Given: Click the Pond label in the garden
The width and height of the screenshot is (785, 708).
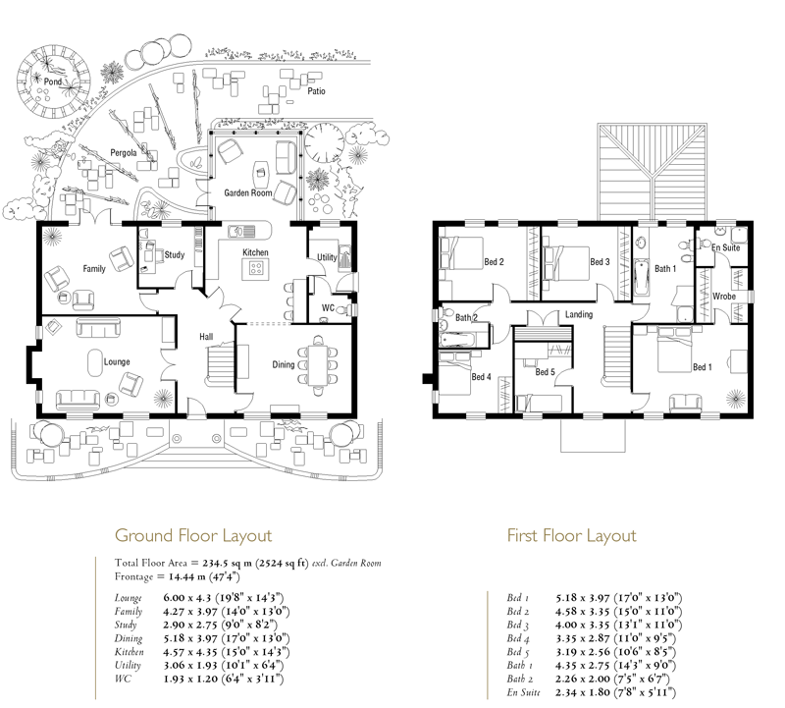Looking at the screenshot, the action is [53, 82].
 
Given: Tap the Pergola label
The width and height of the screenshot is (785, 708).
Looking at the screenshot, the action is [124, 153].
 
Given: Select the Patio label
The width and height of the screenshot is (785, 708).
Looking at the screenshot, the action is [316, 91].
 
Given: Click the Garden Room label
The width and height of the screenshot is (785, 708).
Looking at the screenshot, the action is [248, 192].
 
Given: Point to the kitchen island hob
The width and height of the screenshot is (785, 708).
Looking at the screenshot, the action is [256, 269].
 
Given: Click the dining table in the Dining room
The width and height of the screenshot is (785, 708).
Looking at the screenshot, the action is [317, 365].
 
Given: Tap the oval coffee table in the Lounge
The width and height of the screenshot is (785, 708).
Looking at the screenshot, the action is [95, 362].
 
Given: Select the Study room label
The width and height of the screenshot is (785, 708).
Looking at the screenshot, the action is [175, 255].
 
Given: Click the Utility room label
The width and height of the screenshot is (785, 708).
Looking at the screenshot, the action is [327, 257].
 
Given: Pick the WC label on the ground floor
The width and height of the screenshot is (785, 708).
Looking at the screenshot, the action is [328, 307].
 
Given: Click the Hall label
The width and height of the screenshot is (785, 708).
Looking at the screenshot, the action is [206, 337].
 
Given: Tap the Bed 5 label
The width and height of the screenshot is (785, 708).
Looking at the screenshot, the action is [546, 372].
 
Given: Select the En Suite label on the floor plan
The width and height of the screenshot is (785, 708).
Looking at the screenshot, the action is [725, 247].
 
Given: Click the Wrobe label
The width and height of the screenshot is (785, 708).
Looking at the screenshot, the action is [724, 297].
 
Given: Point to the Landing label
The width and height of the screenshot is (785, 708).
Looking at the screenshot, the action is [579, 314].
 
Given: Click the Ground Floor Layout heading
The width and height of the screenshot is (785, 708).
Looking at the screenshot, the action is [193, 535].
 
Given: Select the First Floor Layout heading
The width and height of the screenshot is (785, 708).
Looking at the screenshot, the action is [572, 535].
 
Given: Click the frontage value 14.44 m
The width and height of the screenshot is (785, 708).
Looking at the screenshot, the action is [186, 576].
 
